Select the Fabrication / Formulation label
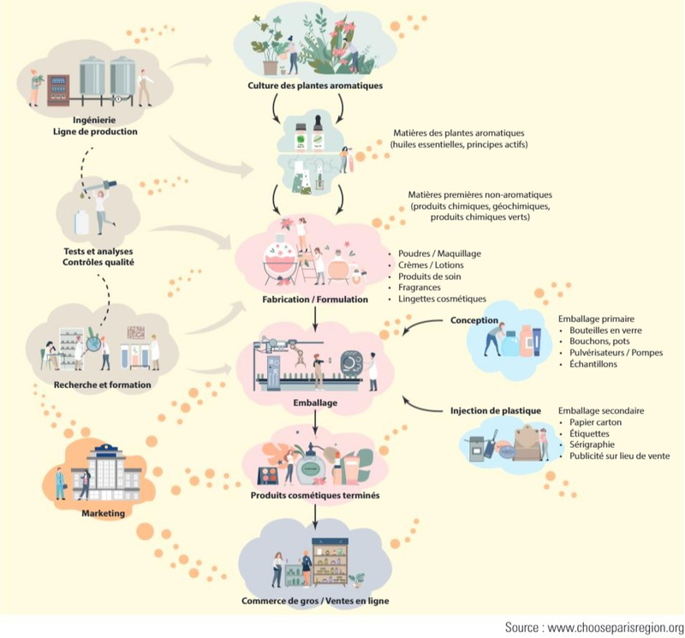click(315, 300)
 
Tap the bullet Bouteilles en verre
click(603, 330)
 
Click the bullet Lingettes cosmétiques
click(442, 299)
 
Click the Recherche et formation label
click(102, 385)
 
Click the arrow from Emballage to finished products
click(316, 421)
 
